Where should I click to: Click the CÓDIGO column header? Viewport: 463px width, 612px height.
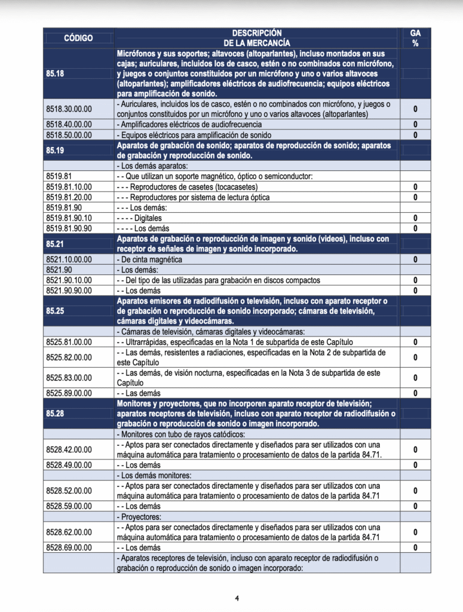(78, 38)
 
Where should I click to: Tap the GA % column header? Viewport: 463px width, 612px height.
(415, 38)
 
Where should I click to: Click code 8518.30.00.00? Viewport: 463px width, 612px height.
(69, 109)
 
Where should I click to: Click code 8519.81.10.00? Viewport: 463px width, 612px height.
(69, 187)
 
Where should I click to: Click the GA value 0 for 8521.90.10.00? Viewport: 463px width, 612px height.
(415, 280)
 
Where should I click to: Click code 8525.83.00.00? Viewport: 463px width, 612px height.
(69, 378)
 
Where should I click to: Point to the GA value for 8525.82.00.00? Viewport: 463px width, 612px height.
(415, 357)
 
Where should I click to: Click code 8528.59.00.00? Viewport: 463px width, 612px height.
(69, 506)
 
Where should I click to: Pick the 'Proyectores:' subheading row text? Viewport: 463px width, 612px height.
(141, 516)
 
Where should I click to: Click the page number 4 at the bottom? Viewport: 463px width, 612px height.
(237, 598)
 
